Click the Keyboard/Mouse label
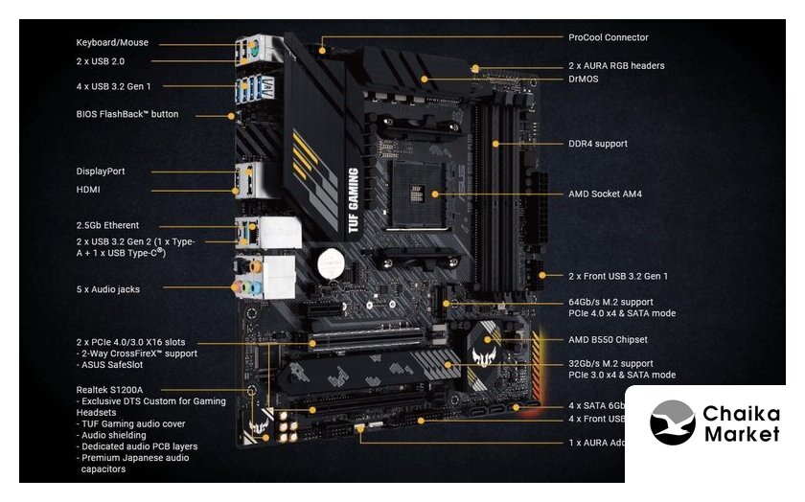(112, 43)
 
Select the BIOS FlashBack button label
(127, 115)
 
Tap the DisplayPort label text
(101, 171)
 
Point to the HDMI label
(89, 190)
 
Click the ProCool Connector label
(608, 38)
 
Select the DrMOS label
(584, 79)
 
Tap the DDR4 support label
(598, 144)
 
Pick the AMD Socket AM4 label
(605, 194)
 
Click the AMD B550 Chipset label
(608, 340)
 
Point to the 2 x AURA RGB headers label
(616, 66)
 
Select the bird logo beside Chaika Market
(672, 422)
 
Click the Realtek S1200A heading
(109, 390)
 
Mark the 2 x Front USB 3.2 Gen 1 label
(618, 276)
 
